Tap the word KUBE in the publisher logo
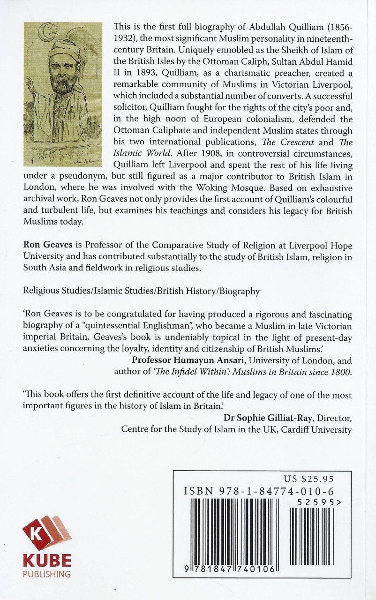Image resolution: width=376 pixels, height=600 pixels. click(x=47, y=561)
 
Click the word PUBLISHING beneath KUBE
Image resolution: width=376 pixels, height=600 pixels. click(x=47, y=574)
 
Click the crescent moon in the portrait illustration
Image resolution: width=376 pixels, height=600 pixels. click(x=37, y=37)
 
